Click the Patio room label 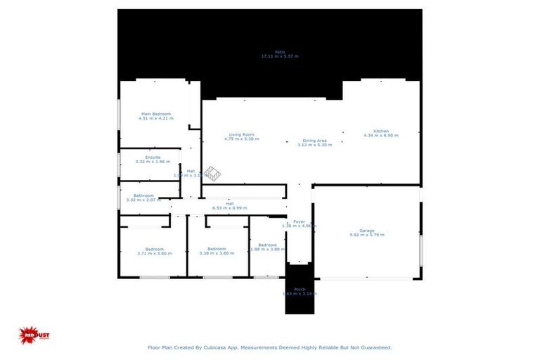(x=280, y=51)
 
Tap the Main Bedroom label (x=156, y=114)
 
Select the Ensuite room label (x=153, y=157)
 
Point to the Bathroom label (x=143, y=195)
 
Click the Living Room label (x=241, y=134)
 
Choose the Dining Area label (x=314, y=140)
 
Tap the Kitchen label (x=381, y=131)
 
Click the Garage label (x=366, y=230)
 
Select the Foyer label (x=299, y=221)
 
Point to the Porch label (x=299, y=289)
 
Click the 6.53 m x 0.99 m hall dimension (x=230, y=208)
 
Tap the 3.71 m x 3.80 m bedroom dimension (x=155, y=253)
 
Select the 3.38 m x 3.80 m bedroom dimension (x=216, y=253)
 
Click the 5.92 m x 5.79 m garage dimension (x=366, y=235)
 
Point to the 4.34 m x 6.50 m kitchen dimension (x=381, y=136)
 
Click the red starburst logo (x=32, y=335)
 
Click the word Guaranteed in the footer (x=373, y=347)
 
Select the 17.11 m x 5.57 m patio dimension (x=280, y=56)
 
